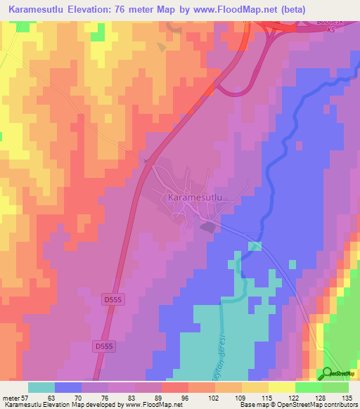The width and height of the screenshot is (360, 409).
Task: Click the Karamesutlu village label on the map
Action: tap(195, 198)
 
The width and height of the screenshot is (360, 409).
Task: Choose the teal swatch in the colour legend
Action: tap(41, 387)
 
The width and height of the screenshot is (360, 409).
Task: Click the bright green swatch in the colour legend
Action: tap(309, 387)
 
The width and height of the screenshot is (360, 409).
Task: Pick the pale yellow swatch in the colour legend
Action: tap(282, 387)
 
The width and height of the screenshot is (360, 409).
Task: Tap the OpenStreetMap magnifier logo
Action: tap(326, 372)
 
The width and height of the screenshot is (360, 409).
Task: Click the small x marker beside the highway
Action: tap(146, 161)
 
